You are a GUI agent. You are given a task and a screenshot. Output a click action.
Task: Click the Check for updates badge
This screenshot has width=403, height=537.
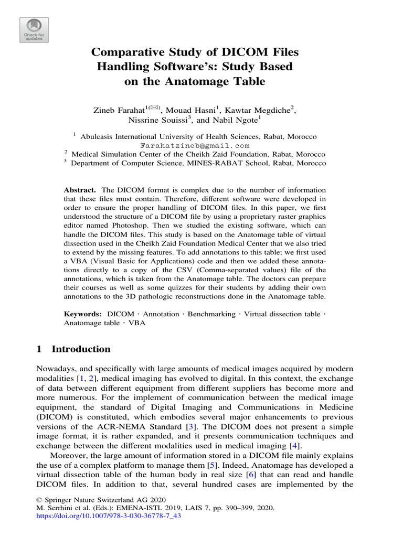(x=34, y=30)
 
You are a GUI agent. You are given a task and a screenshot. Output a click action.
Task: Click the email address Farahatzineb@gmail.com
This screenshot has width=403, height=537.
(x=195, y=145)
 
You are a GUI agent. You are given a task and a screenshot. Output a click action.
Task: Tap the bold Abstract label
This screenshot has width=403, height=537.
(x=80, y=190)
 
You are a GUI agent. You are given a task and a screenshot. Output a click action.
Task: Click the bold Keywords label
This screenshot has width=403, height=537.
(x=83, y=314)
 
